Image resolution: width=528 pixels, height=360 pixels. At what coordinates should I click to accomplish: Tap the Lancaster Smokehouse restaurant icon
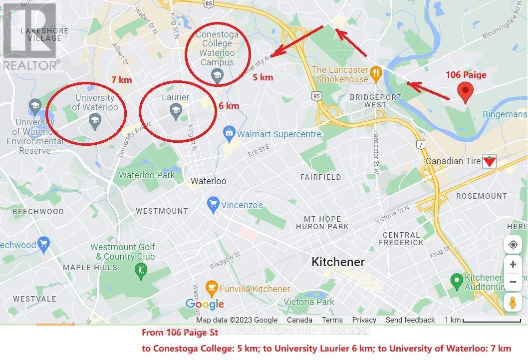pos(376,74)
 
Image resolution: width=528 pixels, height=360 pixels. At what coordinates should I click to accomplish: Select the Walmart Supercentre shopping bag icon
pos(229,133)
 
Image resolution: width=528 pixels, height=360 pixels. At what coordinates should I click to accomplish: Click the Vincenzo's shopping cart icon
pos(213,205)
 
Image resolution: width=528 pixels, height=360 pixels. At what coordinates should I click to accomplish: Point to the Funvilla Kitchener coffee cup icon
pos(212,289)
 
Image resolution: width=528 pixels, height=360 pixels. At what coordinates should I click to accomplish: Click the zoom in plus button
pos(513,265)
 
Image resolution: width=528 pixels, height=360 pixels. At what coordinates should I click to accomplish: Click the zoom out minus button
pos(513,282)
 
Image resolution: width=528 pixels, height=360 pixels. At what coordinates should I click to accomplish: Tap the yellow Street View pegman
pos(513,303)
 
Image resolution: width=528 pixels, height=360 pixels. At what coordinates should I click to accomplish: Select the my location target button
pos(513,245)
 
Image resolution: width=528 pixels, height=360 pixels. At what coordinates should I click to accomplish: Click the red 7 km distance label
pos(121,79)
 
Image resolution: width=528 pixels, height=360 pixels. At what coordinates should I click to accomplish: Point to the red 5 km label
pos(263,77)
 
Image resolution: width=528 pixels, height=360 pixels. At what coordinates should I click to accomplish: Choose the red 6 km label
pos(229,106)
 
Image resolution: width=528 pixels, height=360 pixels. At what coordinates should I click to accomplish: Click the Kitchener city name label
pos(338,262)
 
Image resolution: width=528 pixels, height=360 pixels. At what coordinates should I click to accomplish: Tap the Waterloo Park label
pos(147,175)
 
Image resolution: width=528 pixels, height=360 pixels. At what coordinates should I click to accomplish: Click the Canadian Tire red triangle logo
pos(490,161)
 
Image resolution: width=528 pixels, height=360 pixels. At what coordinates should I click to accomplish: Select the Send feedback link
pos(410,320)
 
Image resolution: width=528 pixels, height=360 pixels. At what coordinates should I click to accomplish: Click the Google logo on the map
pos(205,304)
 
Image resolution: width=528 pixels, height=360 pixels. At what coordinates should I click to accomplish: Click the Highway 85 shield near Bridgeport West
pos(316,95)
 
